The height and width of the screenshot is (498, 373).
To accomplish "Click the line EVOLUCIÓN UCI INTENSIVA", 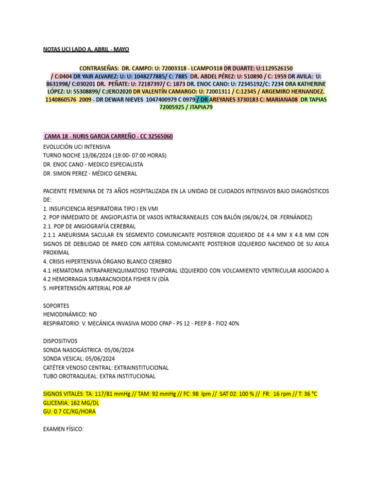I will pyautogui.click(x=77, y=146).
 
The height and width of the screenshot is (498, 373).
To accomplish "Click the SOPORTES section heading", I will pyautogui.click(x=56, y=306).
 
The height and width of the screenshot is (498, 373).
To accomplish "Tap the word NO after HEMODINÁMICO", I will pyautogui.click(x=93, y=315).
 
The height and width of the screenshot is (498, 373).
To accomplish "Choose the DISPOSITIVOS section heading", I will pyautogui.click(x=60, y=341).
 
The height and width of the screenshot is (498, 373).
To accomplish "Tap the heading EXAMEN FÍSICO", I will pyautogui.click(x=63, y=429).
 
